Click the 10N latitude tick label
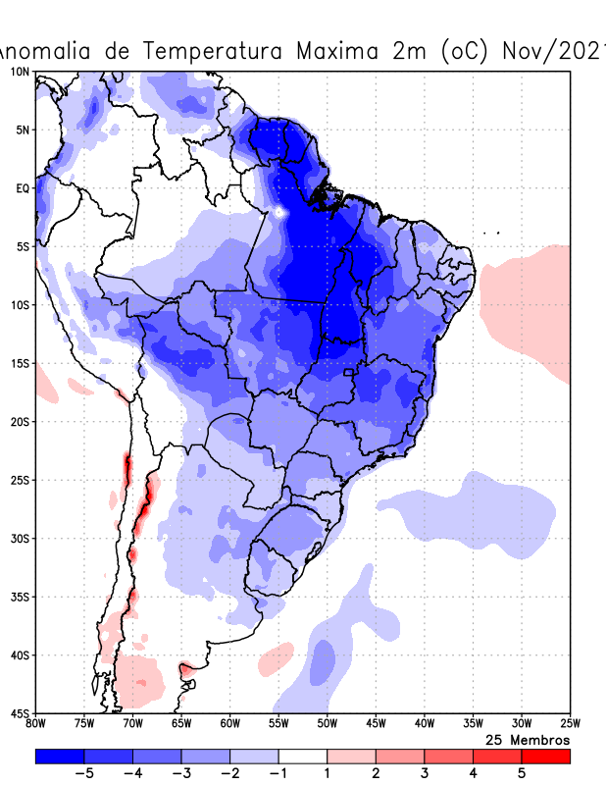tap(20, 72)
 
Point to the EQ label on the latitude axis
tap(22, 188)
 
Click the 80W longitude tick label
tap(36, 724)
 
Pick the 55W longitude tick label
tap(278, 724)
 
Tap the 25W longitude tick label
tap(570, 724)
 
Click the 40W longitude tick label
tap(425, 724)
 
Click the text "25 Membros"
tap(528, 739)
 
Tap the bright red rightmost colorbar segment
tap(545, 757)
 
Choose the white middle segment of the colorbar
tap(303, 757)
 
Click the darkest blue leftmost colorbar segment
tap(60, 757)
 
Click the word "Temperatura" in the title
tap(222, 51)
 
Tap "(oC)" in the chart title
tap(466, 51)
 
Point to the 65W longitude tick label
tap(181, 724)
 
